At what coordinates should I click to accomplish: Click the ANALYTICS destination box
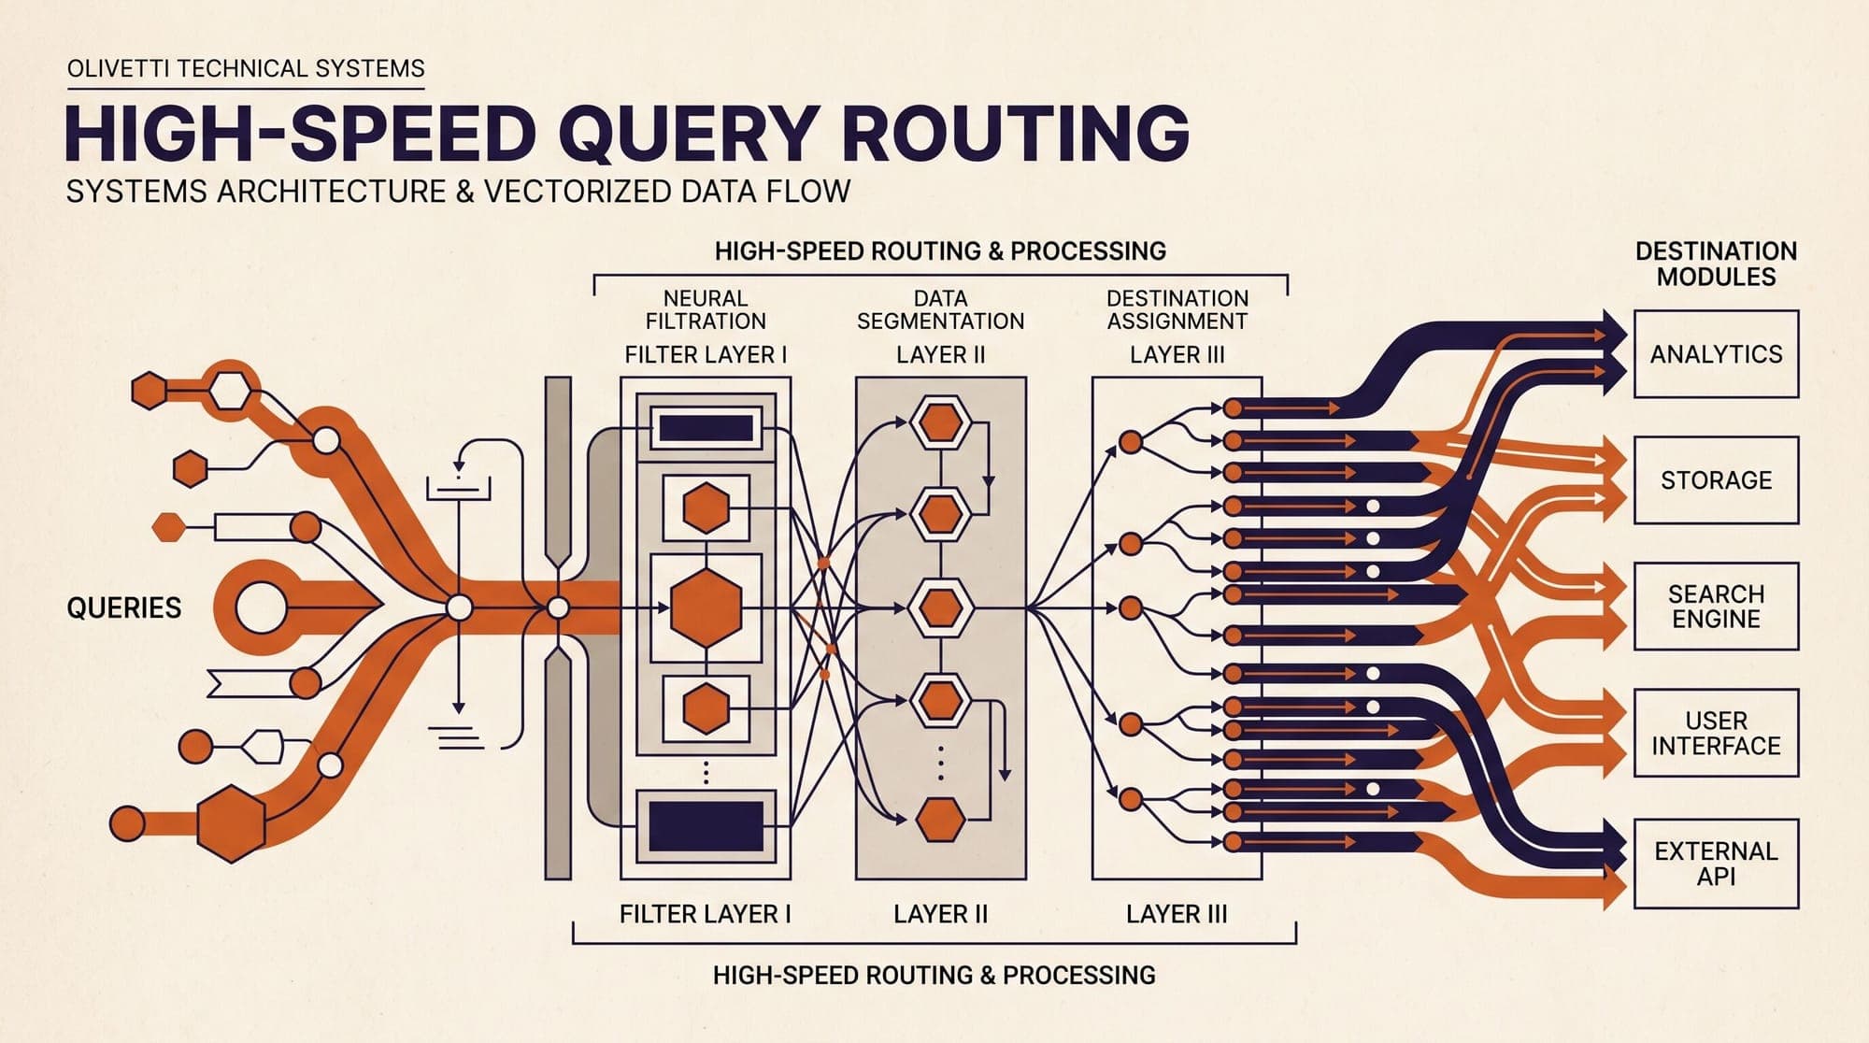[1716, 354]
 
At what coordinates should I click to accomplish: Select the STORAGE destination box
[1716, 479]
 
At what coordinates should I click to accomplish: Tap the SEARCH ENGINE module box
[1716, 606]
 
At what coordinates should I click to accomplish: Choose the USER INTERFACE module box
[1716, 733]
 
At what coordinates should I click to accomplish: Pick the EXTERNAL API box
[1716, 864]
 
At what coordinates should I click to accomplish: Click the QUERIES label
[124, 608]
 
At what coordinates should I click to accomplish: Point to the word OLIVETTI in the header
[119, 68]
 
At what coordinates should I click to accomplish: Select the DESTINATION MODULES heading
[1716, 264]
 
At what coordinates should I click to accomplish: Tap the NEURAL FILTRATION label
[706, 309]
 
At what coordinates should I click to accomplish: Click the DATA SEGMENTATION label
[940, 309]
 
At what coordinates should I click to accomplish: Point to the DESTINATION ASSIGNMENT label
[1177, 309]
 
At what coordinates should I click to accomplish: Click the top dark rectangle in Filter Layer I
[706, 429]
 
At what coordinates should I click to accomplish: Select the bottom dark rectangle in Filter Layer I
[706, 826]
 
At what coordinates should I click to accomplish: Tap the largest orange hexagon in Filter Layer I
[706, 607]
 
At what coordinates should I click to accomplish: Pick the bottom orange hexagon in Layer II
[940, 821]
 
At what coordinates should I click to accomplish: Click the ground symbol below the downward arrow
[458, 736]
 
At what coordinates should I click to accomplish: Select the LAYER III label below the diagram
[1177, 914]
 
